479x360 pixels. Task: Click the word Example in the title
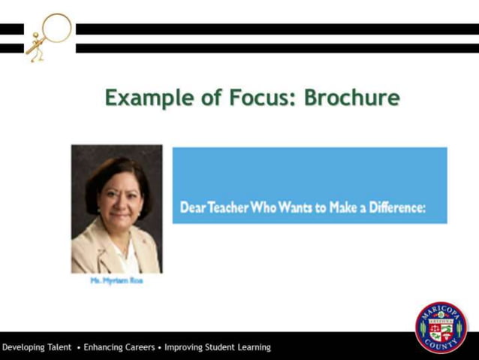[140, 98]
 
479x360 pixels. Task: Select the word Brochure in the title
[351, 98]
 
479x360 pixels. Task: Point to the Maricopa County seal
[441, 327]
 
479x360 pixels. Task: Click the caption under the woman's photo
[116, 280]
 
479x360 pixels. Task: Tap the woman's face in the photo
[118, 198]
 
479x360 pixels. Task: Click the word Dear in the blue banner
[192, 207]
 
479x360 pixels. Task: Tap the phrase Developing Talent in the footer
[37, 347]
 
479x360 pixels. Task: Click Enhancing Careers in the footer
[119, 347]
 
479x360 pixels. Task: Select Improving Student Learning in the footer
[218, 347]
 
